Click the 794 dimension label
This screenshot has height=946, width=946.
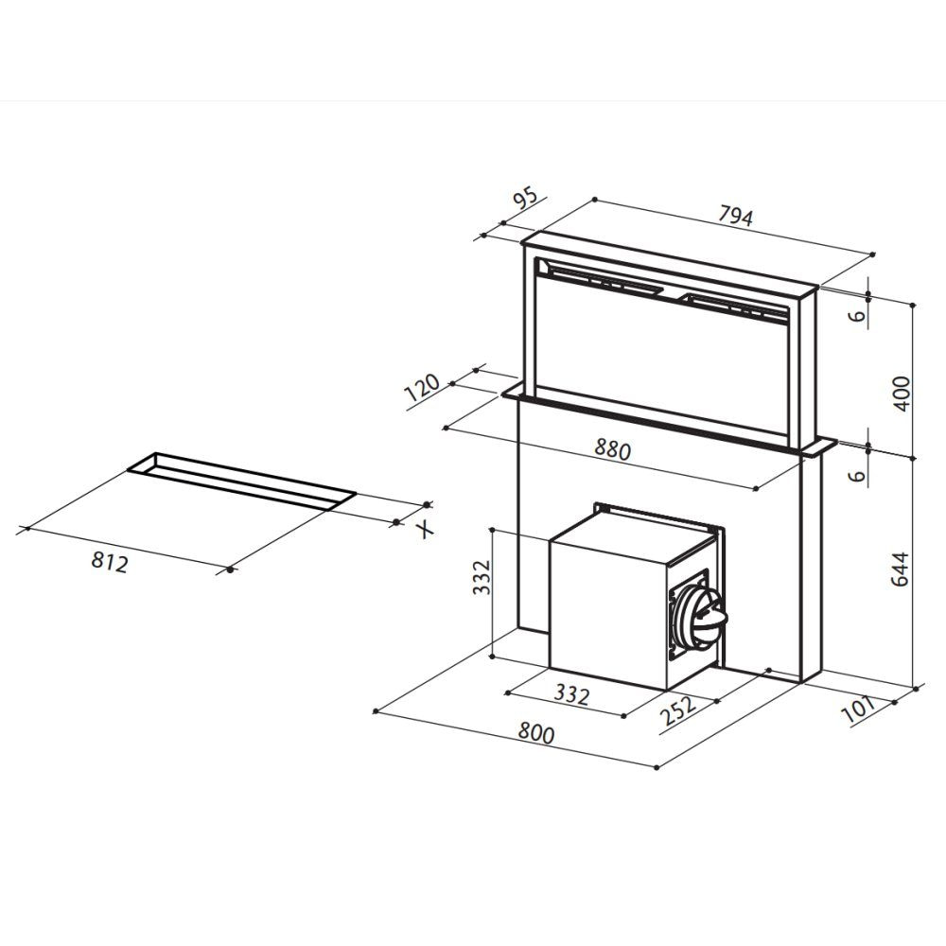735,216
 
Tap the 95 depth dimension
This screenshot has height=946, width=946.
524,199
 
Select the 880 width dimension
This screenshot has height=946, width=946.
612,449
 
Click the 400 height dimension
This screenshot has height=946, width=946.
902,394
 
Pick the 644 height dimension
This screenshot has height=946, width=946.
901,569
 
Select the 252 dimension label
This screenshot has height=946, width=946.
678,710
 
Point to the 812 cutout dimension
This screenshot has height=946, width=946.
110,562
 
